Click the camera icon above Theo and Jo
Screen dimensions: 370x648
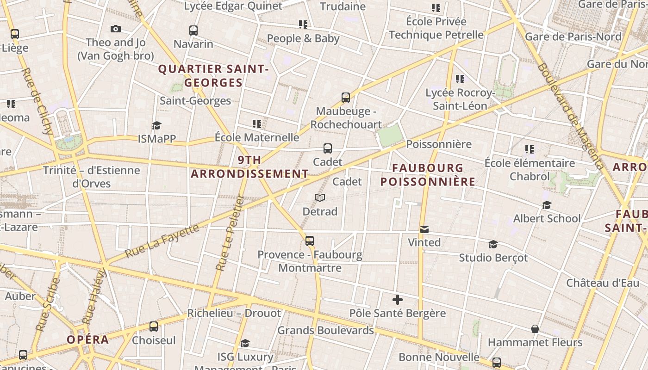coord(116,29)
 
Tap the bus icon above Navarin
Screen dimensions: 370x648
coord(193,31)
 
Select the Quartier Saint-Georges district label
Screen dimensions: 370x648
coord(213,76)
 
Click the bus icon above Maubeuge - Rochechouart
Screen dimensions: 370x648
coord(346,97)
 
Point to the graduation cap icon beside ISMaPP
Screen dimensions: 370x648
coord(156,125)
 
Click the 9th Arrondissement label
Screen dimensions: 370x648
coord(249,167)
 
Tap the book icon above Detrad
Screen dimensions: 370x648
coord(320,197)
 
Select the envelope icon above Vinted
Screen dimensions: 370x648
coord(424,229)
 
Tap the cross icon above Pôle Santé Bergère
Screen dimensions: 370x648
coord(397,299)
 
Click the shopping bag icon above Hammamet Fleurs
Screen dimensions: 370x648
coord(535,329)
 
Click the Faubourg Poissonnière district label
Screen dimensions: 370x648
coord(428,174)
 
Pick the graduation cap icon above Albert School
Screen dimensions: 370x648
coord(547,205)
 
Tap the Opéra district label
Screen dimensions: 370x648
coord(88,339)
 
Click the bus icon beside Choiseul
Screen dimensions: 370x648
coord(154,327)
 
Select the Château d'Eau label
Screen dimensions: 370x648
coord(603,283)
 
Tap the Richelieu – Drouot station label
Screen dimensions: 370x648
coord(234,313)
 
